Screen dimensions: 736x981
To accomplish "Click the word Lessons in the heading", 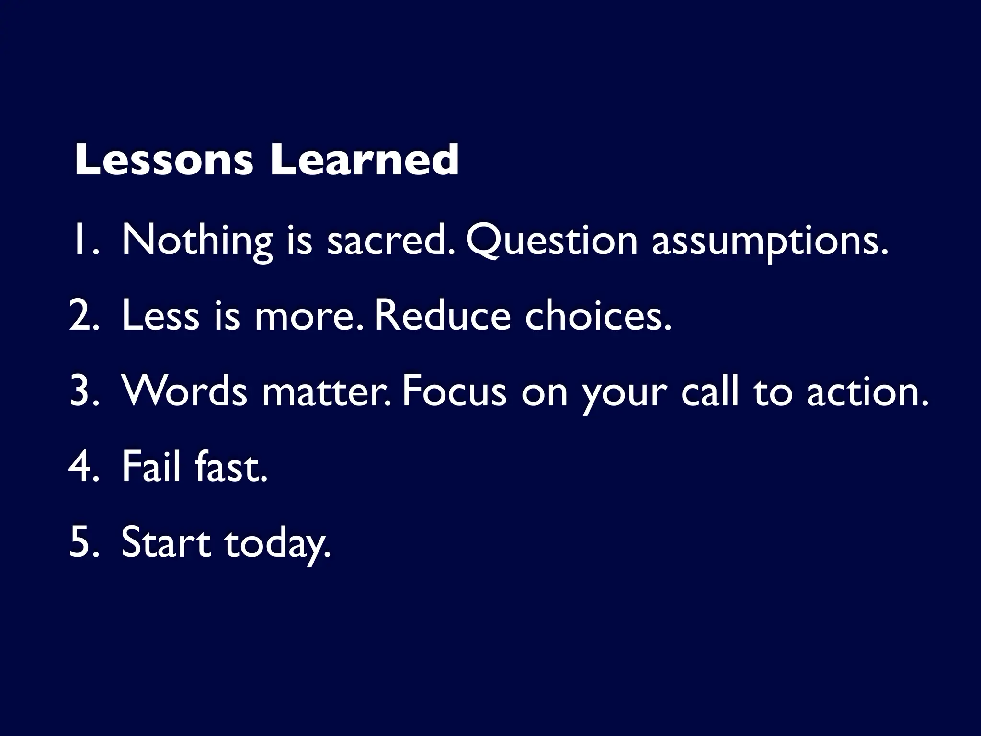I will (x=163, y=160).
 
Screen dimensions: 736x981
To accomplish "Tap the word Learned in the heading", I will (x=364, y=160).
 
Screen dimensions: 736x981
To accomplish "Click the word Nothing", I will (x=197, y=241).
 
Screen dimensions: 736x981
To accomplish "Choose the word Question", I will (x=551, y=241).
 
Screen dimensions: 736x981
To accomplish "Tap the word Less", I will (x=160, y=316).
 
